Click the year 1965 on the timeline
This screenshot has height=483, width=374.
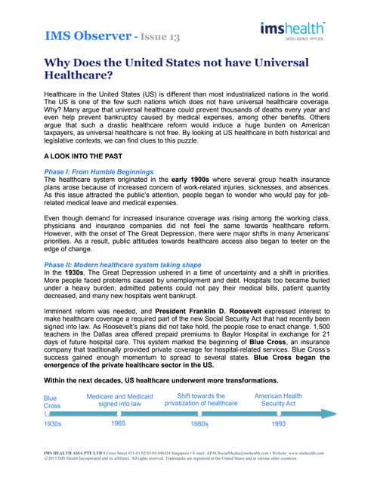118,424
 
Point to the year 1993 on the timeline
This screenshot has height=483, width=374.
278,424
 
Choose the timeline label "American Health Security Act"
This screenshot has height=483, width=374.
278,399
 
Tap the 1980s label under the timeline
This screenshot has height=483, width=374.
199,424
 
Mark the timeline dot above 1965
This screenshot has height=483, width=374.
118,413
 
